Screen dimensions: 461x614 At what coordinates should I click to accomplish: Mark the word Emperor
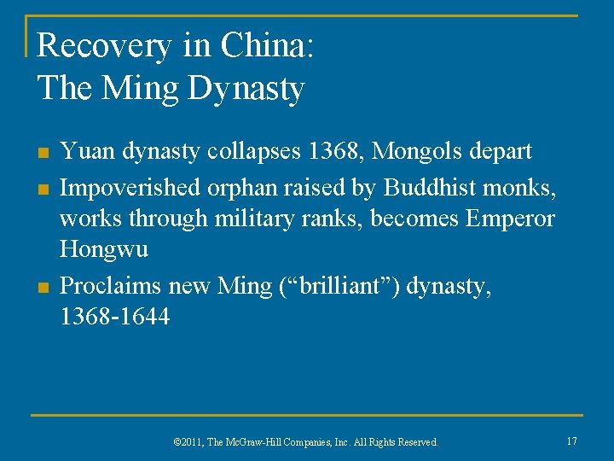[x=510, y=218]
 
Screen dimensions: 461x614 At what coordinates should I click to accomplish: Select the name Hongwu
[x=103, y=250]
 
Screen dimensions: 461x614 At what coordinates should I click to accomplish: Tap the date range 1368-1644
[x=115, y=317]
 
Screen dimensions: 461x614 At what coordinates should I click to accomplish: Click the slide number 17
[x=571, y=441]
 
